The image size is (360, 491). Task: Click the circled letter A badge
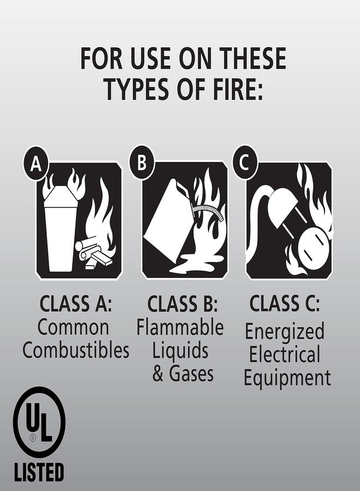[x=36, y=163]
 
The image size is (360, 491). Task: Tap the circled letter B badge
[x=142, y=163]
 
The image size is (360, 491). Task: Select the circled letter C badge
[x=245, y=163]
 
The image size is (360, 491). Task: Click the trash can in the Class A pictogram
[x=59, y=229]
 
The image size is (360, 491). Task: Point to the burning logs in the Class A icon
[x=95, y=254]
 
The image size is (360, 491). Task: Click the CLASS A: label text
[x=76, y=303]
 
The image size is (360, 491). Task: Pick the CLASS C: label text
[x=285, y=303]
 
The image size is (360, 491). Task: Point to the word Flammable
[x=180, y=327]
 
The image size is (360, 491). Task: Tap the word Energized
[x=284, y=331]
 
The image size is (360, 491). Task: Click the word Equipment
[x=287, y=378]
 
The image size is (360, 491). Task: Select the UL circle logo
[x=39, y=422]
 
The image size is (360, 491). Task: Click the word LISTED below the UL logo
[x=39, y=471]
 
